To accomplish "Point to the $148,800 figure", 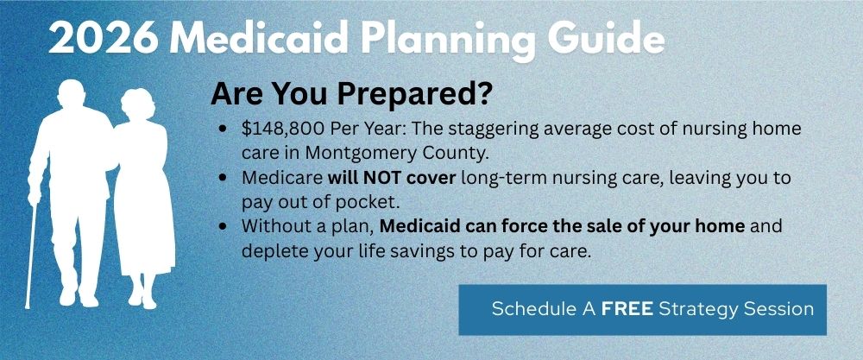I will click(280, 129).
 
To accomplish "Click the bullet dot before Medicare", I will click(224, 178).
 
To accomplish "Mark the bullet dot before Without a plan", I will click(224, 227).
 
